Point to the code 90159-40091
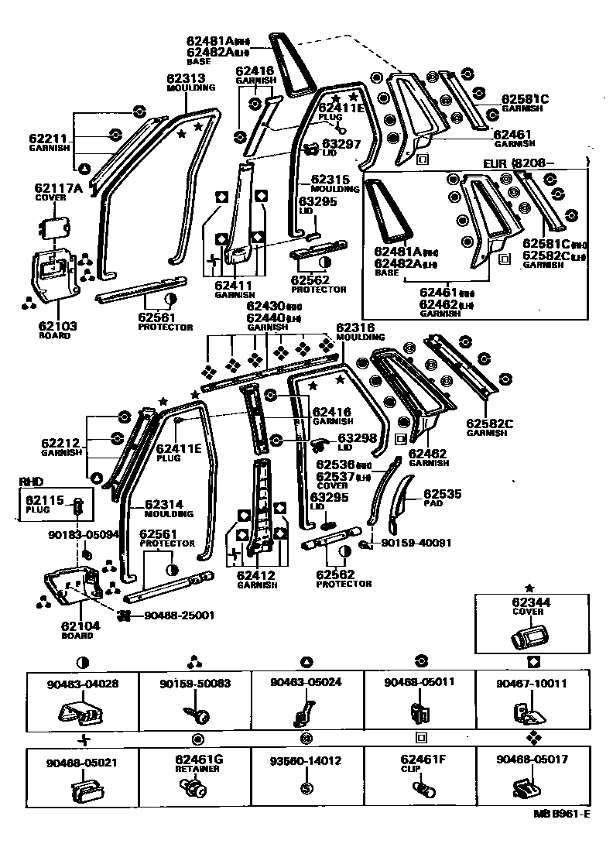coord(417,544)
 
